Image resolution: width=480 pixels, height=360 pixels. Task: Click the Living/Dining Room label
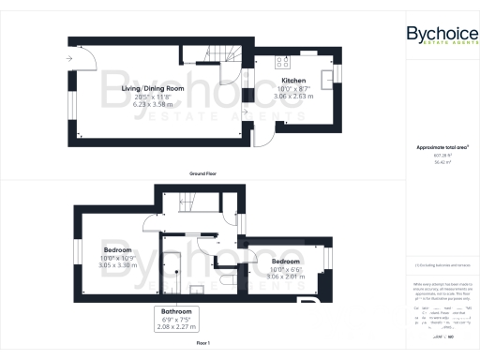152,89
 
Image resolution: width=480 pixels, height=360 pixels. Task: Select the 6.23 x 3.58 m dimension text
152,105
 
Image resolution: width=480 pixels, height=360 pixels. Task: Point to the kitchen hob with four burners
281,65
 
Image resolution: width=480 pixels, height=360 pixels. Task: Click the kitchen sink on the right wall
326,78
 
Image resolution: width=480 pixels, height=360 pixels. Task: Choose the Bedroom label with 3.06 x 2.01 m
286,260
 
